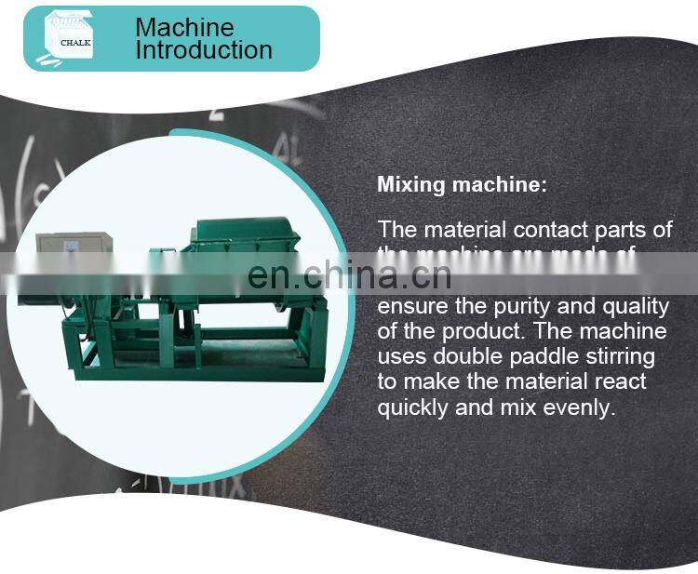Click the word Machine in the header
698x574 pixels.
184,27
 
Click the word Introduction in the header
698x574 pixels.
204,50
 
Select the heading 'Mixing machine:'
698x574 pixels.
463,184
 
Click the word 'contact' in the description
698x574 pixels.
549,230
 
